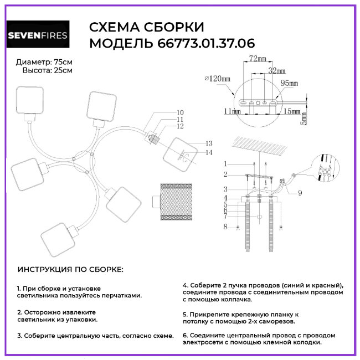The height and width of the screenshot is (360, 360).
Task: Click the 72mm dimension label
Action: point(257,59)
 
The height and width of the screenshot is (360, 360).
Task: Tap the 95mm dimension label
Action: point(289,83)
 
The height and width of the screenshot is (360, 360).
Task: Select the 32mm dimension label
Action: point(276,71)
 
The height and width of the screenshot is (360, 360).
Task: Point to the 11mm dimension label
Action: point(232,111)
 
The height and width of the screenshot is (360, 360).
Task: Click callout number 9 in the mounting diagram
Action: point(300,193)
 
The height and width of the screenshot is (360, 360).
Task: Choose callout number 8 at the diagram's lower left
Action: point(225,226)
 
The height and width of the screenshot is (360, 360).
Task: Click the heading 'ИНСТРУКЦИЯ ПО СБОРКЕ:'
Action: point(71,269)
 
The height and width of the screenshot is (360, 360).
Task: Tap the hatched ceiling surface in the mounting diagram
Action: point(260,146)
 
